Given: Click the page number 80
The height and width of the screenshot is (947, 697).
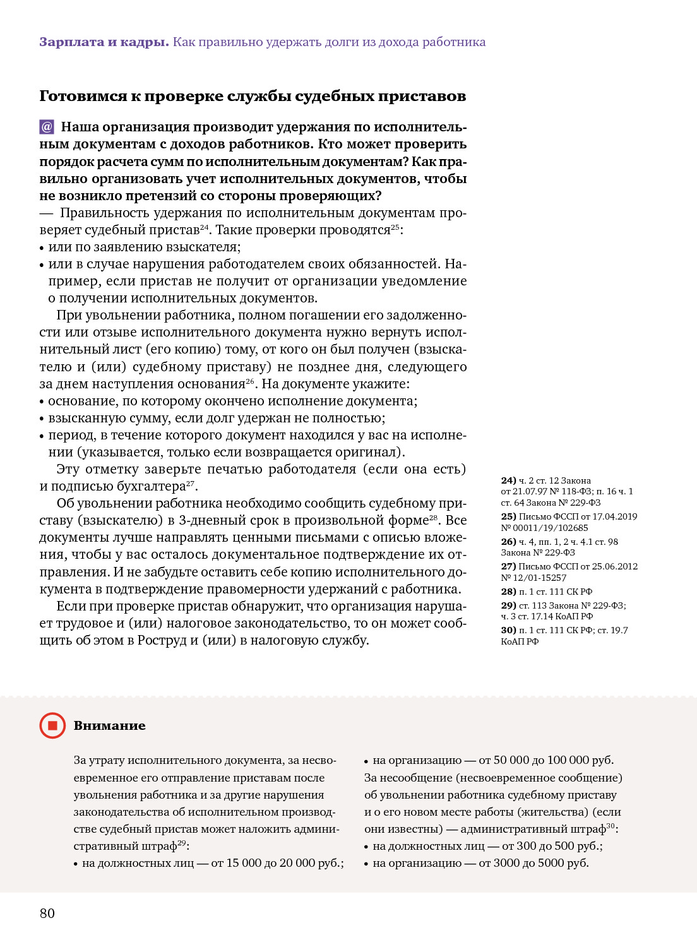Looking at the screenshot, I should [x=47, y=914].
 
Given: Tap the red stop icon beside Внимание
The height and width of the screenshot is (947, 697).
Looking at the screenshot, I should [x=52, y=725].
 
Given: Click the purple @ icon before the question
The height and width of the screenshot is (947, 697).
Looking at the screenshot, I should [x=47, y=127].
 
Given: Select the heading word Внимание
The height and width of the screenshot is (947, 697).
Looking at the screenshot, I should [x=109, y=725].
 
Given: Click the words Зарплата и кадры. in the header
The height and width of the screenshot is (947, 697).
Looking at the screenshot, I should [x=104, y=42].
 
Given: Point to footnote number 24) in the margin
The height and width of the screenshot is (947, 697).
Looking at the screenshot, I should [x=508, y=480].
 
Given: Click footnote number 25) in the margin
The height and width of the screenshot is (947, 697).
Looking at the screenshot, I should [x=508, y=516].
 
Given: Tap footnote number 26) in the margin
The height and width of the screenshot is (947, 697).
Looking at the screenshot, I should [x=508, y=542].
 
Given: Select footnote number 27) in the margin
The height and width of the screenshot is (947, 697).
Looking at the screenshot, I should [x=508, y=566].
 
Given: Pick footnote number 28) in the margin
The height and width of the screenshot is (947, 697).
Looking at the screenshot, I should [x=508, y=592].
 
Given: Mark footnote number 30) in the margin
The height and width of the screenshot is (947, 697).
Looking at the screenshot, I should [x=508, y=630].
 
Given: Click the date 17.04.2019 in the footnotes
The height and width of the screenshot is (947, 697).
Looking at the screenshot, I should [x=615, y=516].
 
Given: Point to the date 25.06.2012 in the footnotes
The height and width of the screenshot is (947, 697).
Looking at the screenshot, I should [x=615, y=566].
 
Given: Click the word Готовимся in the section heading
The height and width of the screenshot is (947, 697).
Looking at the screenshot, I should [x=83, y=97].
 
